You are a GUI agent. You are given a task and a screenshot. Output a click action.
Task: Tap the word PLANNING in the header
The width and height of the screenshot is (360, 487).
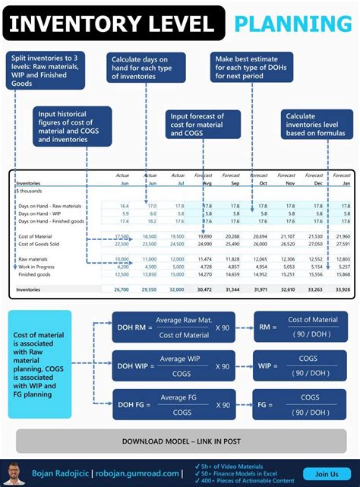292,23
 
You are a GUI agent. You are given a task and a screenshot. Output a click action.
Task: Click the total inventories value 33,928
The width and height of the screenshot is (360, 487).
343,289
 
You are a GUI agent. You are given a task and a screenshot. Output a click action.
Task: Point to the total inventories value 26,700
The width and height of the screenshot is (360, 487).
122,289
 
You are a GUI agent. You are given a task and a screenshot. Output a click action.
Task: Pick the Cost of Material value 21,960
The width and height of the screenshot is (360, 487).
343,236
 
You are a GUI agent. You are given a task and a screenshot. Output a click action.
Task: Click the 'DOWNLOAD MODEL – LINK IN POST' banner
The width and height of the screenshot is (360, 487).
180,441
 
